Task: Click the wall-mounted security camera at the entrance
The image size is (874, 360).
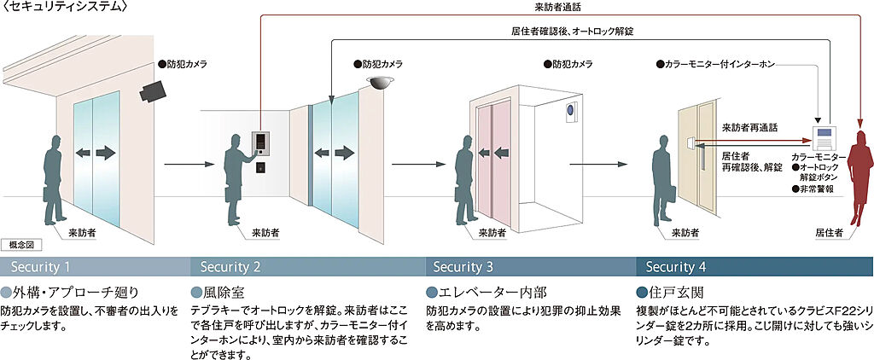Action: tap(155, 88)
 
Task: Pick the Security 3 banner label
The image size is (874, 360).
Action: tap(463, 265)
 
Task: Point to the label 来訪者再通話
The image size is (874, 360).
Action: tap(749, 127)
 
